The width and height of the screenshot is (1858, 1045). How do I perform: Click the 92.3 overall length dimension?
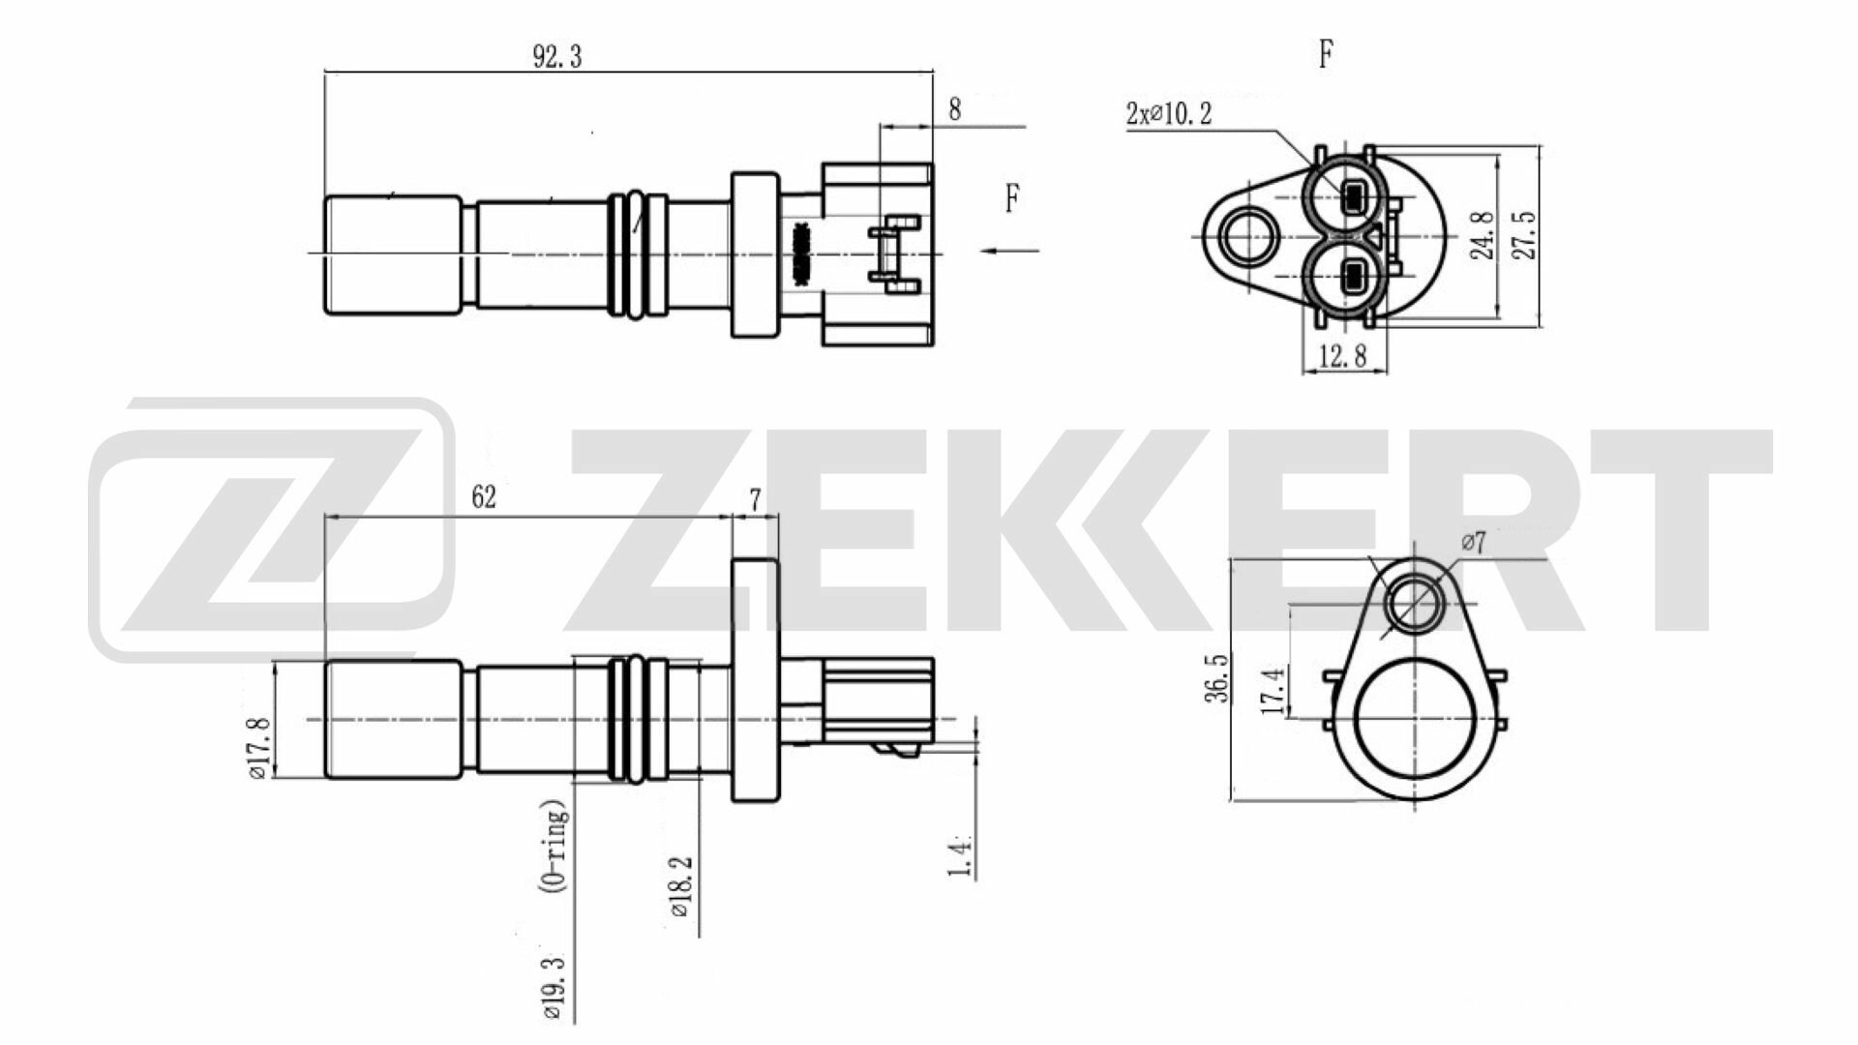coord(556,57)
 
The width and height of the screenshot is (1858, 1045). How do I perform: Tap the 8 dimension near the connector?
coord(954,109)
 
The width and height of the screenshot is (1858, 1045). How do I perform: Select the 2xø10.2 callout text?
coord(1169,114)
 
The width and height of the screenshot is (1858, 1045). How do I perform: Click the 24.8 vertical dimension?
coord(1481,236)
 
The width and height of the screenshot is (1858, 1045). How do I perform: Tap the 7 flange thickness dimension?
coord(755,499)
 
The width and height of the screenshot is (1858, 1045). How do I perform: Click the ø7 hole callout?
coord(1472,544)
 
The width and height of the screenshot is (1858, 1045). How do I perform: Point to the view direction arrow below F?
coord(1009,252)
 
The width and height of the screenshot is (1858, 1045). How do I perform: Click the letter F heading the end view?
coord(1326,55)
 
